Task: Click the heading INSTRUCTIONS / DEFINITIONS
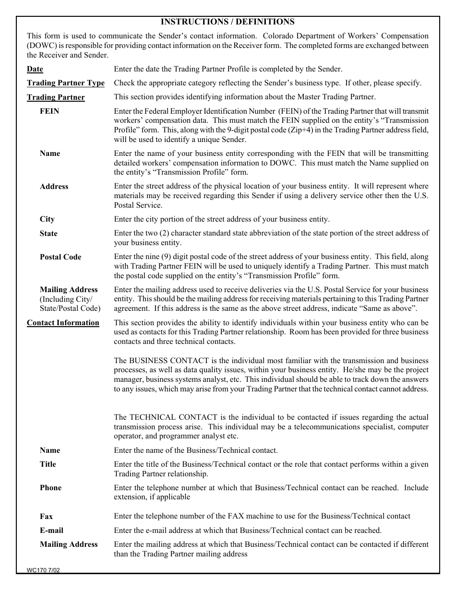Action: tap(228, 22)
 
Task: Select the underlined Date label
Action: tap(35, 69)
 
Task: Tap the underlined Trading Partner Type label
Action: tap(65, 83)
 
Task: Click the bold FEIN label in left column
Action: tap(49, 111)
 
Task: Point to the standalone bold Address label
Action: tap(54, 187)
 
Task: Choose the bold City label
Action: tap(47, 219)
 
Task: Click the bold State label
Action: tap(48, 234)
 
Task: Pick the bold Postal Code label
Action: tap(60, 257)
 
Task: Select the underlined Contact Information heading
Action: tap(63, 323)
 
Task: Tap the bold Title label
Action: tap(48, 464)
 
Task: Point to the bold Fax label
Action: tap(46, 517)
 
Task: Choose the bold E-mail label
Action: tap(51, 531)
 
